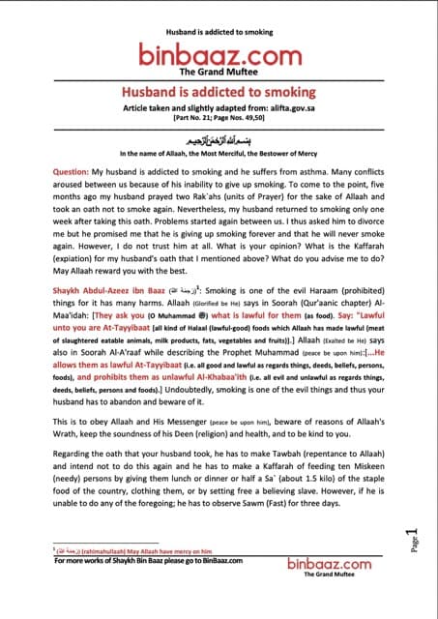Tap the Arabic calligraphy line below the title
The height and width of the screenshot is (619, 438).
219,138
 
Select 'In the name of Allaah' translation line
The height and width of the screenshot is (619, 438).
219,153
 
